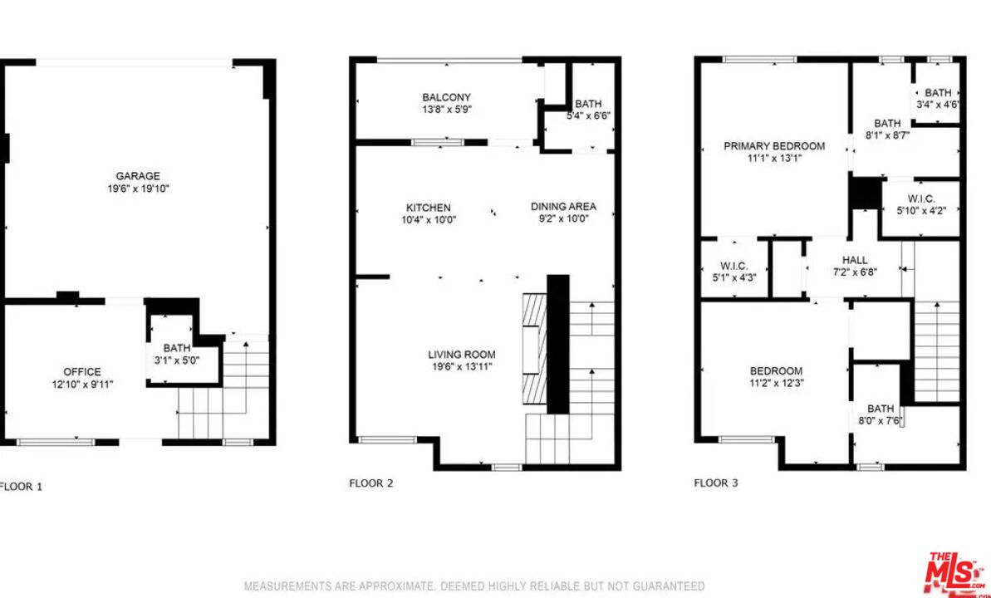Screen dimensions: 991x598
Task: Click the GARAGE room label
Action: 138,176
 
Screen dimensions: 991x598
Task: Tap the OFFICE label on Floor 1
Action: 82,372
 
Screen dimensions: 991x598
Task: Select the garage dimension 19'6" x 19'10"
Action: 138,189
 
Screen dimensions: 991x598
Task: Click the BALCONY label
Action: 447,97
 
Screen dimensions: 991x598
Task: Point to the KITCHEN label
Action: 429,208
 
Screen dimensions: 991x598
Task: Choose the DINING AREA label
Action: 563,207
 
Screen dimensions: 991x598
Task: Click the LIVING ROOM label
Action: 461,355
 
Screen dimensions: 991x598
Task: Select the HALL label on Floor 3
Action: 855,260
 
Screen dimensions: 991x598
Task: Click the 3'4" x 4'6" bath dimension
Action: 939,105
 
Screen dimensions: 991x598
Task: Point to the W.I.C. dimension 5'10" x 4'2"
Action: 921,211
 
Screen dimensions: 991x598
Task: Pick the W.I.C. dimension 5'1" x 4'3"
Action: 734,277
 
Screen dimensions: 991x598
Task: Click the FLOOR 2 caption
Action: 371,483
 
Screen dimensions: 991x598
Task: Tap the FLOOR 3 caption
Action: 716,483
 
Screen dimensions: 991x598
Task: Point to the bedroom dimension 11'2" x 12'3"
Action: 776,382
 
